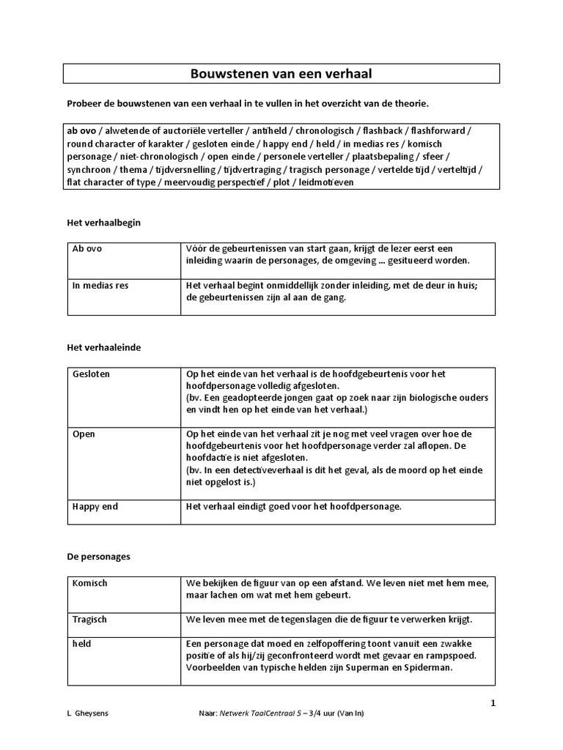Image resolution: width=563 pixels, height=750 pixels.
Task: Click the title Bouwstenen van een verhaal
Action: [x=281, y=74]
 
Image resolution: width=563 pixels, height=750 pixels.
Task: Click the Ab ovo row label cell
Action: [x=87, y=248]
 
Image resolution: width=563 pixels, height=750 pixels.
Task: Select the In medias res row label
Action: [x=100, y=285]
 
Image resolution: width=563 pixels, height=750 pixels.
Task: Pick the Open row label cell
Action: [x=84, y=434]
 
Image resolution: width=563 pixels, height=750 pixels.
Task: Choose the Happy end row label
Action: [x=95, y=506]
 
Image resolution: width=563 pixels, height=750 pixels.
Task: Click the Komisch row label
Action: [x=89, y=583]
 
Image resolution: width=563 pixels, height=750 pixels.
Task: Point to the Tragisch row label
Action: [x=89, y=619]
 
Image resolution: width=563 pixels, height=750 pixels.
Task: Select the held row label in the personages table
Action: [x=82, y=643]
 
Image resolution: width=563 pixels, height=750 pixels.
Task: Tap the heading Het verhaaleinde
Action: [x=103, y=347]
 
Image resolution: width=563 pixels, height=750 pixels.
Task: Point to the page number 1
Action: [x=493, y=703]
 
